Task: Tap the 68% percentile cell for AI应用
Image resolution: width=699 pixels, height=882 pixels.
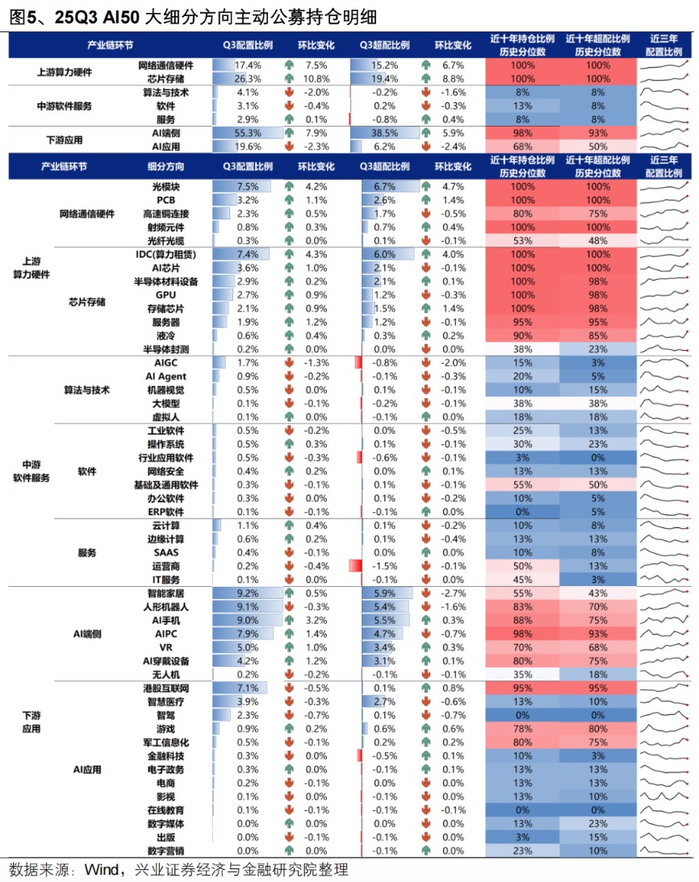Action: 523,147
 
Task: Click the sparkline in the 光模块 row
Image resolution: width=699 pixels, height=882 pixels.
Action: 665,185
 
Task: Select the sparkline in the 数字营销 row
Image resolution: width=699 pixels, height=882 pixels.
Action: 665,851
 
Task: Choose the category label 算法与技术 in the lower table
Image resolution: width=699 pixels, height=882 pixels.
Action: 86,390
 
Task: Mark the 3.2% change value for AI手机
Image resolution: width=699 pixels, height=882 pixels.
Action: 316,620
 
